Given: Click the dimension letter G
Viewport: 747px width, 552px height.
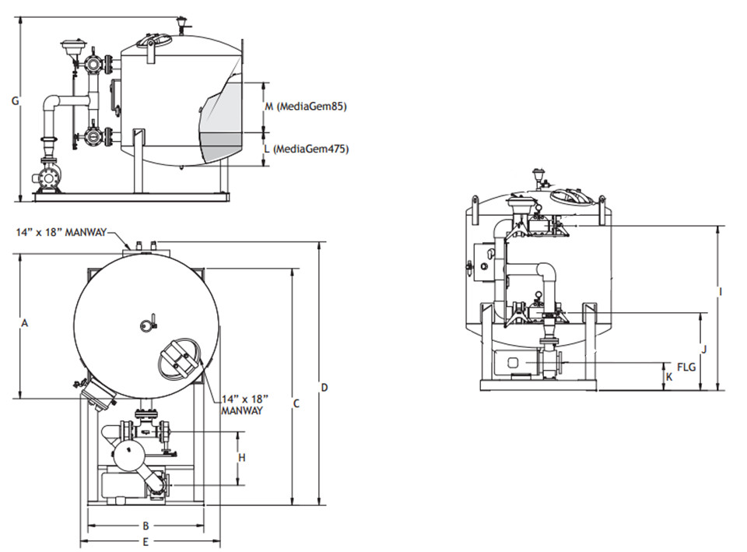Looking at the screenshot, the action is tap(16, 101).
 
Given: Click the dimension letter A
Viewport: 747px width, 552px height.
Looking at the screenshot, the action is tap(25, 323).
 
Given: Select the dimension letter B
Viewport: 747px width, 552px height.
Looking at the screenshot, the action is tap(146, 526).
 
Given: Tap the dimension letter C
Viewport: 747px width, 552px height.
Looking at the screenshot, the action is tap(296, 404).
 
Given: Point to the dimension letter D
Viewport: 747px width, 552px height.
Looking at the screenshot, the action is tap(324, 388).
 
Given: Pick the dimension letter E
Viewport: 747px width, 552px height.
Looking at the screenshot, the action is tap(146, 542).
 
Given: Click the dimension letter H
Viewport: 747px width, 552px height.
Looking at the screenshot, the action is tap(242, 458).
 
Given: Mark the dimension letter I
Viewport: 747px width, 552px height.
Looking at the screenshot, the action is tap(721, 292).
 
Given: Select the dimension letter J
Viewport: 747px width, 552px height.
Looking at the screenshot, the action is tap(704, 350).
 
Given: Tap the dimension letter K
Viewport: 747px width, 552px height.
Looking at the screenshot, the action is tap(669, 377).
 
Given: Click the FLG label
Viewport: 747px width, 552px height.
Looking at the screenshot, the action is tap(686, 367).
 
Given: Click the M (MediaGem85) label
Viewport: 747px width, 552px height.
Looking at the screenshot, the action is tap(305, 107).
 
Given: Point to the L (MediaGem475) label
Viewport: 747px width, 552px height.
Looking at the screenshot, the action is tap(307, 149).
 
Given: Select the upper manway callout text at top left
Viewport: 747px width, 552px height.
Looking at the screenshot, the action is tap(61, 232).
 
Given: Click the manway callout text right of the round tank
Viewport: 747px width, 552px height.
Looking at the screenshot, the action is tap(244, 404).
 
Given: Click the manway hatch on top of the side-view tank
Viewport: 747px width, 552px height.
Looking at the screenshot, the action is tap(153, 41).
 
